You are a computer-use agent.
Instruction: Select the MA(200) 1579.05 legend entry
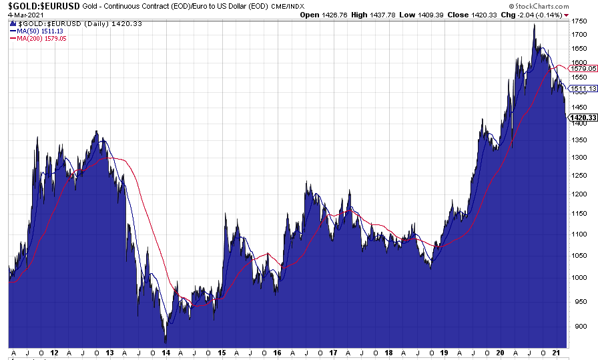(x=39, y=38)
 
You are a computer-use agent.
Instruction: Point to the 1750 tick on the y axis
(x=579, y=21)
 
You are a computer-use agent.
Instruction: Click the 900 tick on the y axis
(x=577, y=327)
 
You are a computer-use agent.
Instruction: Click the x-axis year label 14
(x=166, y=352)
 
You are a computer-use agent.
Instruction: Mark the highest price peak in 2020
(x=534, y=25)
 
